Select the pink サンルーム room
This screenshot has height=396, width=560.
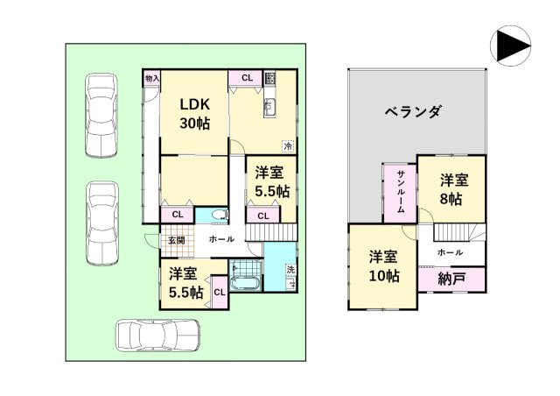click(399, 192)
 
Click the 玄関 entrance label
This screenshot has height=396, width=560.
click(176, 240)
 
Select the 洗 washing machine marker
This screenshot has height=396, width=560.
click(290, 269)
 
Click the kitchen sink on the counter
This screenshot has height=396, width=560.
click(269, 109)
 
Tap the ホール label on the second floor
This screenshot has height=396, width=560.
click(450, 252)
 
